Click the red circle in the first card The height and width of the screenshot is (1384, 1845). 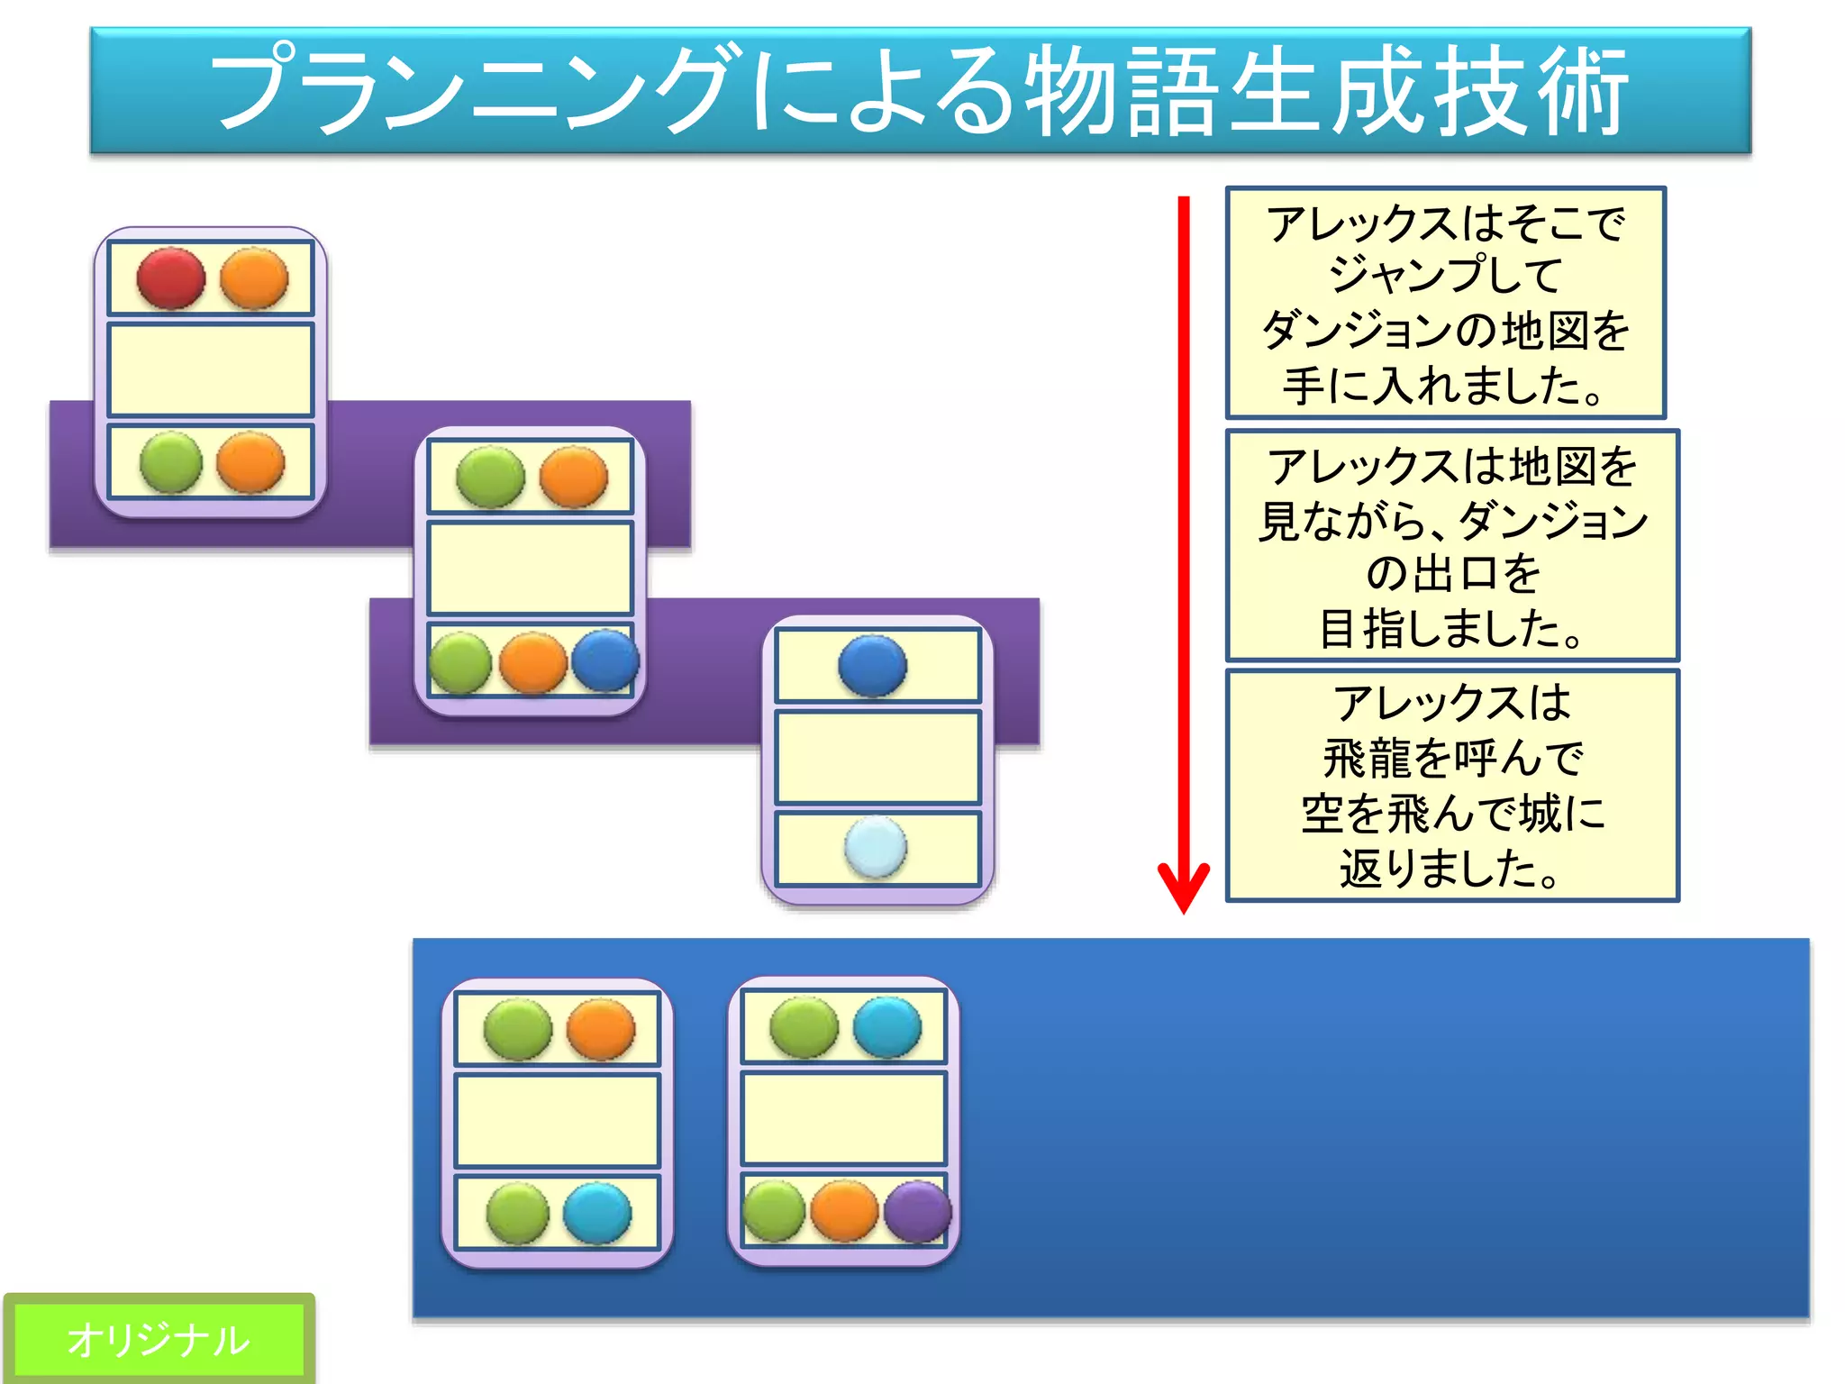pos(171,278)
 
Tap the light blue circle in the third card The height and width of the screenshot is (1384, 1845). pos(875,847)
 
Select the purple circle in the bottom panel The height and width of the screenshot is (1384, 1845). pos(917,1212)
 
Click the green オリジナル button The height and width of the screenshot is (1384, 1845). pos(159,1339)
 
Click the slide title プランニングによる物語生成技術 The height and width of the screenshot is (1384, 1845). pos(920,90)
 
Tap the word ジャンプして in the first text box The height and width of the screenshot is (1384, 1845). pos(1445,275)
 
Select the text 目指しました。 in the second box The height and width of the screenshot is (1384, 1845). pos(1451,628)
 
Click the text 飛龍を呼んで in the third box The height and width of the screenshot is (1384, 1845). pos(1451,757)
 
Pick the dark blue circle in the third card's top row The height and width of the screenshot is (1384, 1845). pos(872,666)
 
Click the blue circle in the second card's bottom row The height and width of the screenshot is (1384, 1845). pos(605,660)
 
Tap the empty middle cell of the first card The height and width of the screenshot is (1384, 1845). pos(210,370)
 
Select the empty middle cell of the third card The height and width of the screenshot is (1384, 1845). pos(877,757)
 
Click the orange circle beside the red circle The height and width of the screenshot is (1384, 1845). pos(254,278)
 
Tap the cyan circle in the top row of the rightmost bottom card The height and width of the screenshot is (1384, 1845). pos(886,1026)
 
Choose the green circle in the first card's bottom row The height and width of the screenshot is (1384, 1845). pos(171,462)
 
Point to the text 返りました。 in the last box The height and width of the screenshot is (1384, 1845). pos(1451,869)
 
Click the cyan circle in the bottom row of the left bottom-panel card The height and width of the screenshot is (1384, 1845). pos(597,1213)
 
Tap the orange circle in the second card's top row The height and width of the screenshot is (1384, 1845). pos(574,477)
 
